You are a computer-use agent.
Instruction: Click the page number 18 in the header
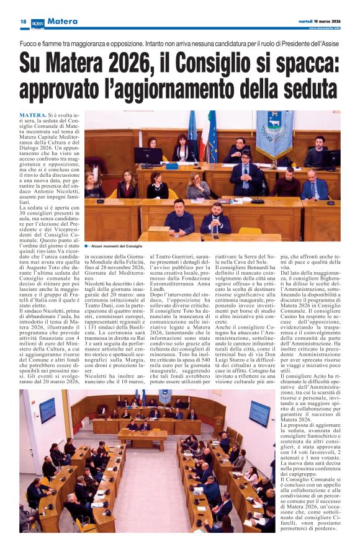(x=23, y=22)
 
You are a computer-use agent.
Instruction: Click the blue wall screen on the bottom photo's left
(x=47, y=410)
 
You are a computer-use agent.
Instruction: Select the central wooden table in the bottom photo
(x=143, y=438)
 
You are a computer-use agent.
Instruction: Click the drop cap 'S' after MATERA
(x=70, y=116)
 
